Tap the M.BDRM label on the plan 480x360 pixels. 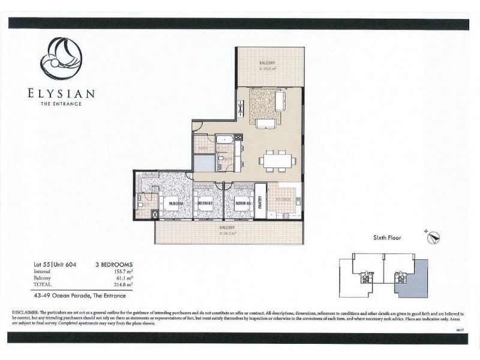pos(176,202)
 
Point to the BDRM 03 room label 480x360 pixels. pos(241,202)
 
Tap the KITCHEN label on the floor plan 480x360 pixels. pos(283,199)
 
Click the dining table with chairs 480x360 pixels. pos(277,160)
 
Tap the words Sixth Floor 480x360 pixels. pos(386,238)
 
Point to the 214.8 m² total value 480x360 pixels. pos(122,284)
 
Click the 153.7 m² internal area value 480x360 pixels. pos(122,271)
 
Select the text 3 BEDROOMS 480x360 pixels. pos(113,264)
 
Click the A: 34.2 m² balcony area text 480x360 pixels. pos(226,233)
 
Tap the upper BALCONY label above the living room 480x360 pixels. pos(267,63)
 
